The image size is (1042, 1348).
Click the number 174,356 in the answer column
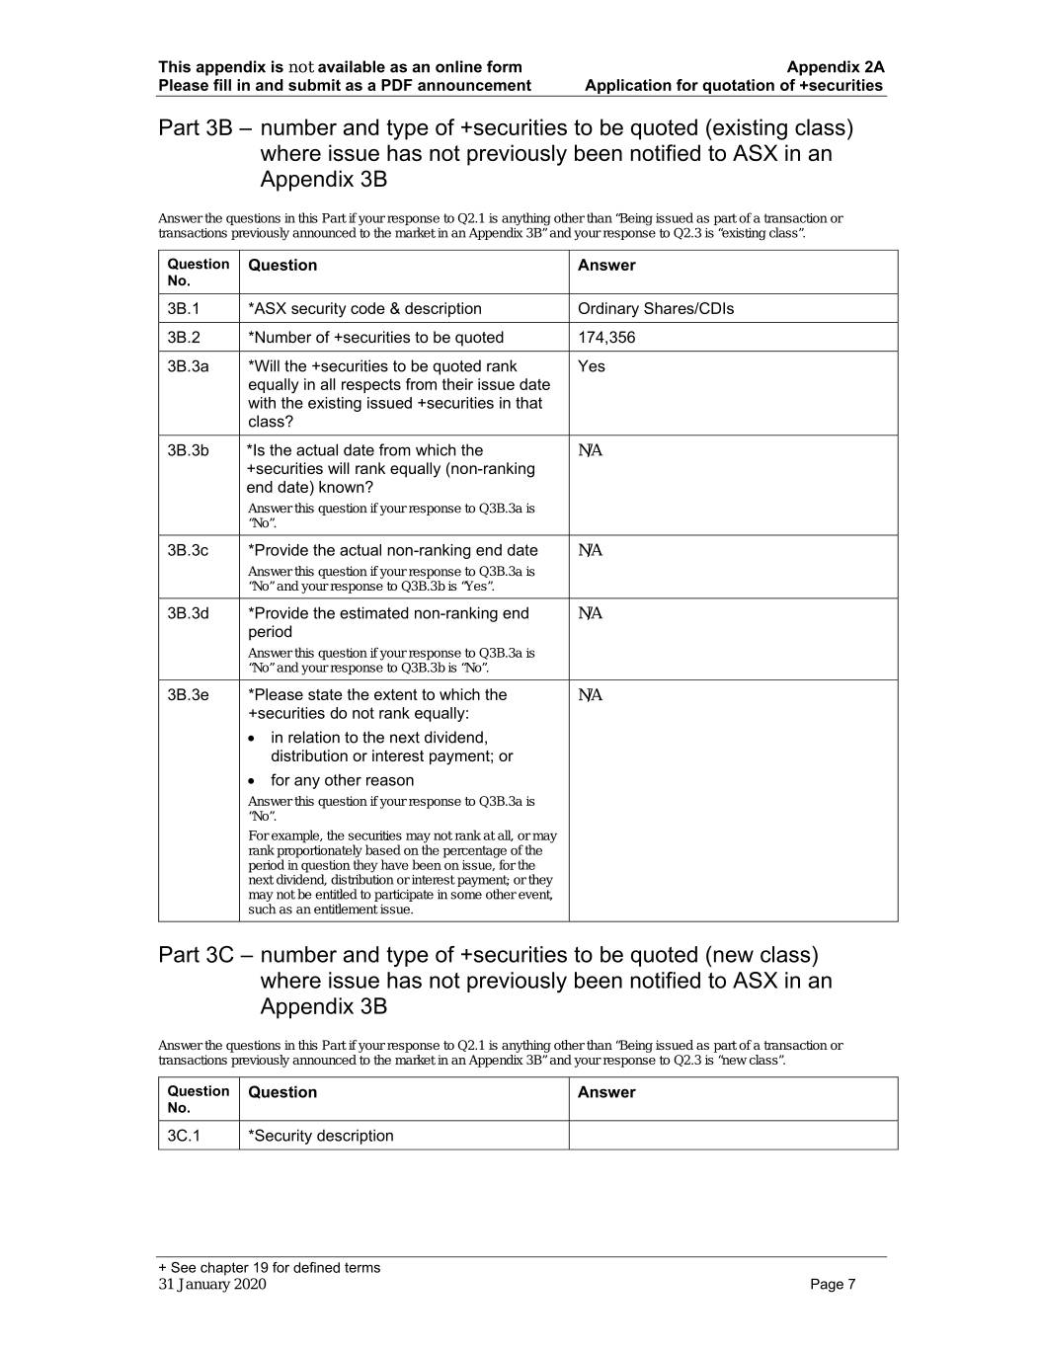click(x=606, y=338)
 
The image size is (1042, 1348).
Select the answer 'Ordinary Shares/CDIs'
click(x=655, y=309)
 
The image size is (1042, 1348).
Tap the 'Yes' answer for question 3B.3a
click(x=592, y=366)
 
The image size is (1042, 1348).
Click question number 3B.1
click(x=184, y=309)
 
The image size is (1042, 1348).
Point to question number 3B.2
click(x=184, y=338)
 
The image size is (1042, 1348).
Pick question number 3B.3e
click(x=188, y=695)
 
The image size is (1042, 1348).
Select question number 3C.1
click(x=184, y=1136)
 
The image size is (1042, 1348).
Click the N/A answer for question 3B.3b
click(x=590, y=451)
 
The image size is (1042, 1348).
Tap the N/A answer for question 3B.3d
click(x=590, y=614)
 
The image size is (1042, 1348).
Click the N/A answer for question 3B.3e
click(x=590, y=695)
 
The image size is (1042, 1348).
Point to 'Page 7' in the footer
click(x=833, y=1284)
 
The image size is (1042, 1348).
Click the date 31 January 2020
click(x=212, y=1284)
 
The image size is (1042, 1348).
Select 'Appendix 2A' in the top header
click(x=836, y=67)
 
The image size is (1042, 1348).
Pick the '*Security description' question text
click(x=321, y=1136)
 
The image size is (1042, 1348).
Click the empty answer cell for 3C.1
click(x=733, y=1136)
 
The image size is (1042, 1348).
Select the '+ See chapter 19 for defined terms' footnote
click(x=269, y=1268)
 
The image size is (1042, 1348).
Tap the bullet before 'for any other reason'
click(x=255, y=781)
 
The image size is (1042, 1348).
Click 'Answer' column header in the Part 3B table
click(x=606, y=266)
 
